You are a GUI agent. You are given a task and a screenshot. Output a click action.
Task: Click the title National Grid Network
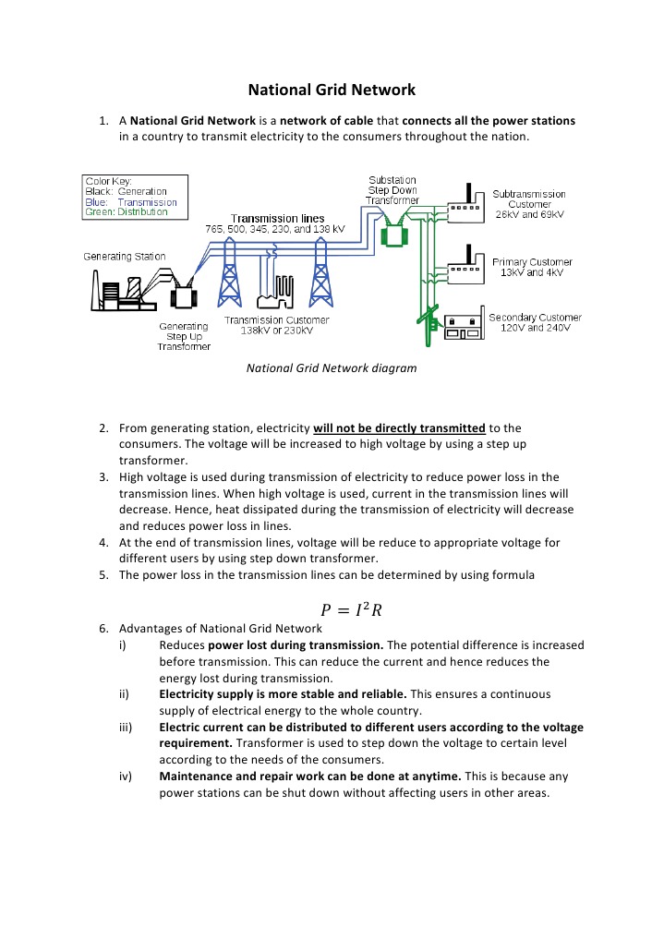click(332, 90)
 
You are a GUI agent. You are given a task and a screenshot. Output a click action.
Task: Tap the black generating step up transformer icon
click(184, 295)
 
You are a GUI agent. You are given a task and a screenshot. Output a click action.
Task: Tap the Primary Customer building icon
click(465, 268)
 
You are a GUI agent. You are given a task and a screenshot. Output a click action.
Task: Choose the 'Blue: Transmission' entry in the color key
click(131, 202)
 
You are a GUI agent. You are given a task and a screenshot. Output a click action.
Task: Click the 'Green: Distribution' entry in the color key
click(127, 211)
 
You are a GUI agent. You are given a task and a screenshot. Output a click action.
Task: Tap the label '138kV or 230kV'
click(277, 330)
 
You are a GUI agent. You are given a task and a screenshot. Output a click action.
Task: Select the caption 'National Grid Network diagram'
click(332, 367)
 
